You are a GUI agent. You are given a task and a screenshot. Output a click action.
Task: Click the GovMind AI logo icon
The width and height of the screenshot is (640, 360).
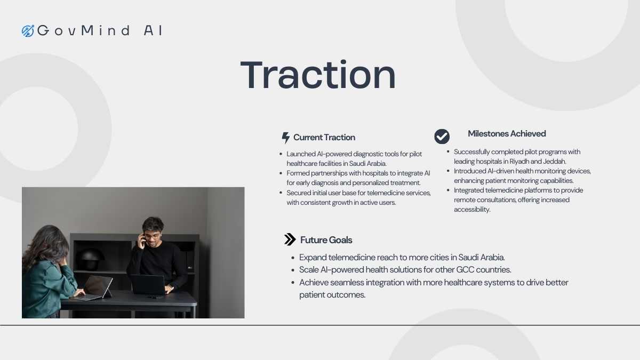[28, 31]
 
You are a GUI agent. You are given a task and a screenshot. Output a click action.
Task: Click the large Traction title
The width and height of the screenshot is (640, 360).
[318, 75]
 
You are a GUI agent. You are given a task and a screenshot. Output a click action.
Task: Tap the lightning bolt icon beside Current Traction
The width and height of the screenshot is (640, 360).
[285, 138]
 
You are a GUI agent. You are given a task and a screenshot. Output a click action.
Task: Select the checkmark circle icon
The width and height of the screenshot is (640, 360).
[442, 137]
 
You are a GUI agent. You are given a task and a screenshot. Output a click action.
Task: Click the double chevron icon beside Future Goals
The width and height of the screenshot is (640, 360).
[290, 239]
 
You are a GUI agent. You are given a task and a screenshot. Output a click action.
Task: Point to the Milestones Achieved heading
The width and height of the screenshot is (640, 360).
[507, 133]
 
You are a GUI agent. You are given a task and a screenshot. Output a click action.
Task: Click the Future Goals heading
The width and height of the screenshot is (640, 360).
[326, 240]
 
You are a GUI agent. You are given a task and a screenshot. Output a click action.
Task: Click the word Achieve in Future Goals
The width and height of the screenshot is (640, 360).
[314, 283]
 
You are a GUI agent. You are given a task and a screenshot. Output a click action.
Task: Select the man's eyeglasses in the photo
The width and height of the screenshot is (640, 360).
[153, 236]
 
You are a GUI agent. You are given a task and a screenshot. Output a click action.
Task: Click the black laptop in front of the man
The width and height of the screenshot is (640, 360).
[149, 285]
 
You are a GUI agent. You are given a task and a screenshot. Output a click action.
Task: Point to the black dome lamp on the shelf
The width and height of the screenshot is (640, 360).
[90, 259]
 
